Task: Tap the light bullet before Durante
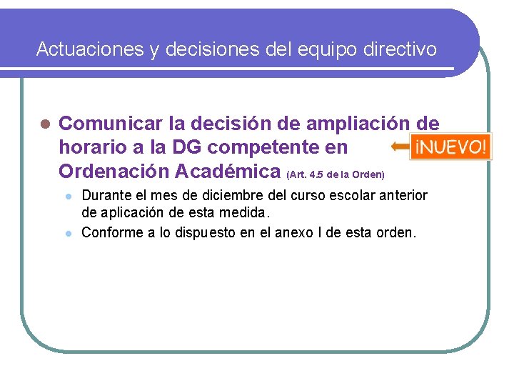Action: click(68, 197)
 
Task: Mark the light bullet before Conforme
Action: click(68, 232)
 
